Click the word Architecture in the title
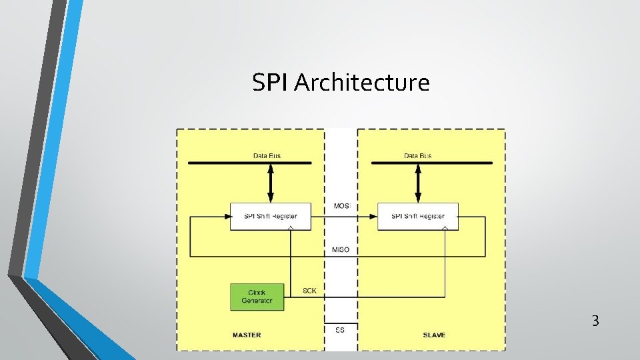pos(361,83)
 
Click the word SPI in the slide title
pos(271,83)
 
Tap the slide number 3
pos(595,321)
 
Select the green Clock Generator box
pos(257,297)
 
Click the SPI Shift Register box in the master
pos(270,217)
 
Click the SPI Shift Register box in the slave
pos(417,217)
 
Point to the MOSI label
pos(341,206)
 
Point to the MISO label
pos(341,250)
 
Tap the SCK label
pos(309,291)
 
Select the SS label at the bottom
pos(340,330)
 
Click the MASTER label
pos(247,335)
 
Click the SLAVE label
pos(434,335)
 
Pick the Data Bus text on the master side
pos(267,156)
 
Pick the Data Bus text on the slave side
pos(417,156)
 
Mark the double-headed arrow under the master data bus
pos(270,183)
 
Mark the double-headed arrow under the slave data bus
pos(418,183)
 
